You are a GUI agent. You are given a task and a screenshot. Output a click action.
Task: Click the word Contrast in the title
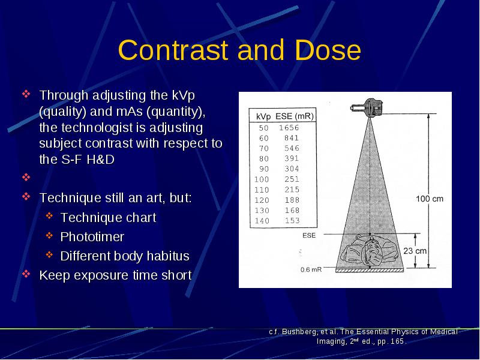coord(173,50)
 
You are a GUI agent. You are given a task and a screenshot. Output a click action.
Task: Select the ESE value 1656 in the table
coord(289,128)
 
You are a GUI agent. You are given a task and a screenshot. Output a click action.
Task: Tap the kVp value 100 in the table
coord(262,179)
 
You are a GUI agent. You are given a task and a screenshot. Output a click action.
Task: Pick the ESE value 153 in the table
coord(292,221)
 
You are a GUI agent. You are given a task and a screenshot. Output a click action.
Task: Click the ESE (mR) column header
coord(295,116)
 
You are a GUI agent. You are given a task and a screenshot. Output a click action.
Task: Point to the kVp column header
coord(263,117)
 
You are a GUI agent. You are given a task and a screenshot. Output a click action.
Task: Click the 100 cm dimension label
coord(430,199)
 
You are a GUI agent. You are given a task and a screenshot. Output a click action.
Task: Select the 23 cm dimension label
coord(415,251)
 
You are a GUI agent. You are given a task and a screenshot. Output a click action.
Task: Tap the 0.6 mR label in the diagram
coord(311,269)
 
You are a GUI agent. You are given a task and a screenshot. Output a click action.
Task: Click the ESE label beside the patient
coord(309,235)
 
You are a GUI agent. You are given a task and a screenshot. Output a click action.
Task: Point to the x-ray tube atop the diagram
coord(367,107)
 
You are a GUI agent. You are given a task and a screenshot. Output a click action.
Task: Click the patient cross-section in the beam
coord(370,251)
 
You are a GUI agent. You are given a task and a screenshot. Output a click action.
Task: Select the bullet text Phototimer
coord(92,237)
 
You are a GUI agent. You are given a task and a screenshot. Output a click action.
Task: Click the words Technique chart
coord(109,218)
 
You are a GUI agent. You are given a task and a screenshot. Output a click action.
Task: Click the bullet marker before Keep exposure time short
coord(26,274)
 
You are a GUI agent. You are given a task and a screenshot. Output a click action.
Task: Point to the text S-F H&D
coord(88,160)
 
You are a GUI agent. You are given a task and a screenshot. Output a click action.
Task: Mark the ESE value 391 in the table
coord(292,158)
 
